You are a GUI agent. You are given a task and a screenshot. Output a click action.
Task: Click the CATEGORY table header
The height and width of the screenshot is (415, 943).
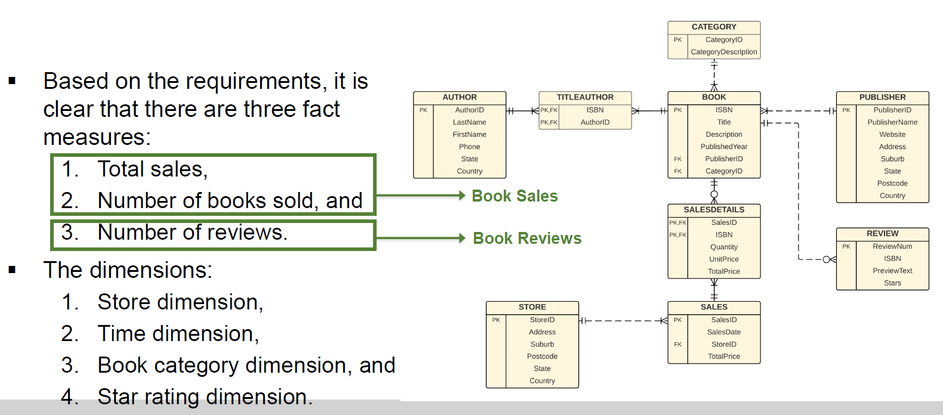pyautogui.click(x=714, y=27)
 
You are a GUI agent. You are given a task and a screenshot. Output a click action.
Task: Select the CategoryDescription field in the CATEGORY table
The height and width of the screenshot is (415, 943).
pyautogui.click(x=723, y=52)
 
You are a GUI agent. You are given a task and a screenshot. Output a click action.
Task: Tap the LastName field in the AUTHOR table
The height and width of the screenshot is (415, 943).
pyautogui.click(x=469, y=122)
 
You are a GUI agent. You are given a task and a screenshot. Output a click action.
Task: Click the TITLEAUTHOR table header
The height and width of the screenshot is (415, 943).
pyautogui.click(x=585, y=97)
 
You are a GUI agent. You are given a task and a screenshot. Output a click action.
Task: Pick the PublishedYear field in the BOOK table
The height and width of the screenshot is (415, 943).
pyautogui.click(x=723, y=147)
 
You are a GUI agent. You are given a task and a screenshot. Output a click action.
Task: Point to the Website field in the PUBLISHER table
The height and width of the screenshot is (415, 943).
pyautogui.click(x=892, y=135)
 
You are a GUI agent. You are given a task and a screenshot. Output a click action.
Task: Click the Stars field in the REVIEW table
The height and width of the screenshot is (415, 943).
pyautogui.click(x=892, y=283)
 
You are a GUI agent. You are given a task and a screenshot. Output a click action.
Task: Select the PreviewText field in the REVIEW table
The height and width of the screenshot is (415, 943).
pyautogui.click(x=892, y=271)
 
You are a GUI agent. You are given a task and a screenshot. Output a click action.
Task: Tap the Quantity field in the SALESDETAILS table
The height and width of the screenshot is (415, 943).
pyautogui.click(x=723, y=247)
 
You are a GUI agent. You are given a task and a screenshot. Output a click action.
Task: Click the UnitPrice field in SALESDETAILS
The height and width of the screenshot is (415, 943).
pyautogui.click(x=723, y=259)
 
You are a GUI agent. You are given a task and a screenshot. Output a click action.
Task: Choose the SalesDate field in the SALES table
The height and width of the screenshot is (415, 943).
pyautogui.click(x=723, y=332)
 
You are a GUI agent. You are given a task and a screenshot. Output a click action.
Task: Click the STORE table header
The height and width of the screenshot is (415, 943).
pyautogui.click(x=532, y=307)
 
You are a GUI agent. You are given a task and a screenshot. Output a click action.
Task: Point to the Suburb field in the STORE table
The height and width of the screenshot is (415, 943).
pyautogui.click(x=542, y=345)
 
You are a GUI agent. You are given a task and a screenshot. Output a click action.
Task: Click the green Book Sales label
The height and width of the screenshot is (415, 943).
pyautogui.click(x=514, y=196)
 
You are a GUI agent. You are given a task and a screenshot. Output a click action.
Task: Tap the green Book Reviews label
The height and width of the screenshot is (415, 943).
pyautogui.click(x=527, y=239)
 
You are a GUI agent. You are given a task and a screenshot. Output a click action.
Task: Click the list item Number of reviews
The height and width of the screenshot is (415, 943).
pyautogui.click(x=192, y=233)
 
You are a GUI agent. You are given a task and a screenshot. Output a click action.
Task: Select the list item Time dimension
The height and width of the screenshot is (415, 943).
pyautogui.click(x=178, y=334)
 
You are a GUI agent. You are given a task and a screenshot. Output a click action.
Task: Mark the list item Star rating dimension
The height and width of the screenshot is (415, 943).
pyautogui.click(x=205, y=397)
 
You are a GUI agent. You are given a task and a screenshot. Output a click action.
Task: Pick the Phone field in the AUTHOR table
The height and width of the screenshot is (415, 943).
pyautogui.click(x=469, y=147)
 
